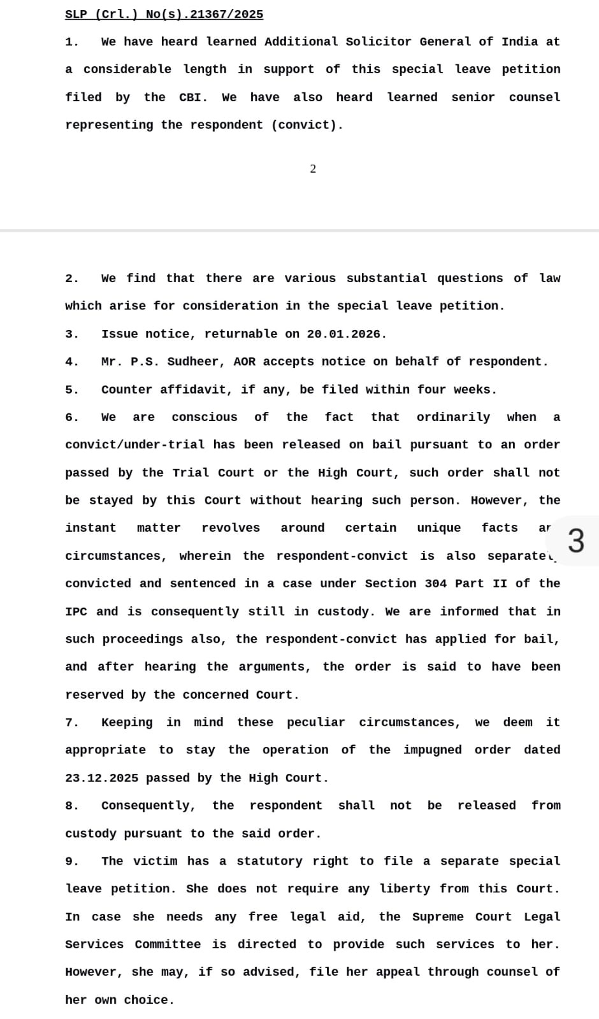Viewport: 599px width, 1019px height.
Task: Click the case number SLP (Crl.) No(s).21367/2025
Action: coord(164,14)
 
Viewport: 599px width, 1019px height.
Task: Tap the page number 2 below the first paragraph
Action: coord(313,169)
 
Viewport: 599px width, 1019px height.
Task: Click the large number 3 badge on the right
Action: coord(575,541)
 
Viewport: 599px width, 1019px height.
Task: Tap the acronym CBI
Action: coord(192,97)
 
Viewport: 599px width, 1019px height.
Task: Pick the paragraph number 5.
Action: coord(71,390)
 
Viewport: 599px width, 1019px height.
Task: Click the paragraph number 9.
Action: coord(71,861)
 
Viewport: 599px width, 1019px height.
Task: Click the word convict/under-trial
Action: coord(135,445)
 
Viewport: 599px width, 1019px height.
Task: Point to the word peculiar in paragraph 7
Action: coord(315,722)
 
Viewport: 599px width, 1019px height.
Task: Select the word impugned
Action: coord(432,750)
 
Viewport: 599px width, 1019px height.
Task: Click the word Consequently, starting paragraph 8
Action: coord(148,806)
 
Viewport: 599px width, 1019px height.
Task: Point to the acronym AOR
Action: coord(244,362)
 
